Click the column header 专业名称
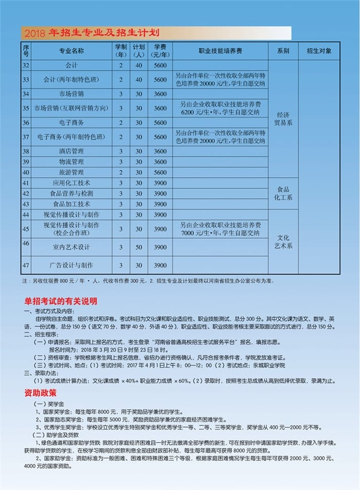tap(71, 51)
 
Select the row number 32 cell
tap(26, 65)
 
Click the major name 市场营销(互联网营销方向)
tap(71, 108)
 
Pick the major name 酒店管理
tap(71, 151)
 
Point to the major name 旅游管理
tap(71, 172)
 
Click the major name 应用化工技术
tap(71, 183)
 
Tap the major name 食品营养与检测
tap(71, 194)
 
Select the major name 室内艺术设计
tap(71, 247)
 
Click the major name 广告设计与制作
tap(71, 265)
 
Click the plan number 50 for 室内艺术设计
tap(138, 247)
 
